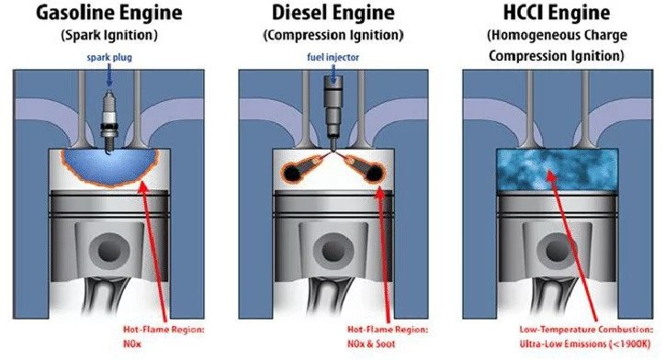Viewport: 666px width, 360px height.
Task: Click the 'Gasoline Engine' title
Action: (109, 16)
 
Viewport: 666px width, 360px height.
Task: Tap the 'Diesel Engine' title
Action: (332, 16)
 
